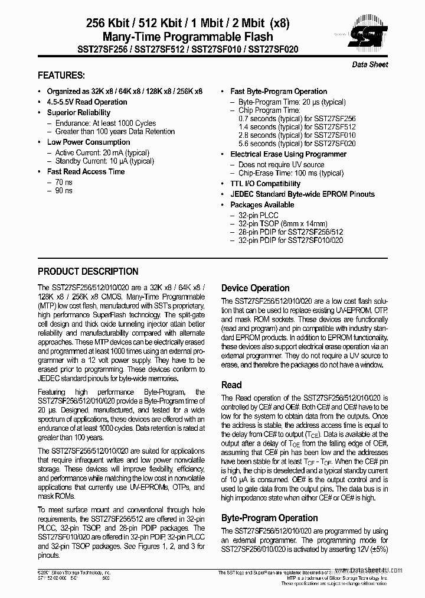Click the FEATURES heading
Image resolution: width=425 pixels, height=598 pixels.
61,76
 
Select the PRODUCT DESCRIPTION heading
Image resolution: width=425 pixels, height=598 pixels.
88,272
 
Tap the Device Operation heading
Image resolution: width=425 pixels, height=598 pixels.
255,288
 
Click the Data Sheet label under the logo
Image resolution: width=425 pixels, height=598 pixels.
370,64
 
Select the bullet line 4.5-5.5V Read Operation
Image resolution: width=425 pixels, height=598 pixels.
87,102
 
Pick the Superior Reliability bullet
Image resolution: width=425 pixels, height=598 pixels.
79,112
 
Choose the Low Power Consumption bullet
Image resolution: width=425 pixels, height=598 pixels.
89,142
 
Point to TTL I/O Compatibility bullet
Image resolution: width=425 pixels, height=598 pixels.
265,184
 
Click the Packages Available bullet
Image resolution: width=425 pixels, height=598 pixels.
261,205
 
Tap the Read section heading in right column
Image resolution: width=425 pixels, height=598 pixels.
231,385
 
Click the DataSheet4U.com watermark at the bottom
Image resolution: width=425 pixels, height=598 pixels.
375,571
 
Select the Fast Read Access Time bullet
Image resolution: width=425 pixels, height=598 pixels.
86,172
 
